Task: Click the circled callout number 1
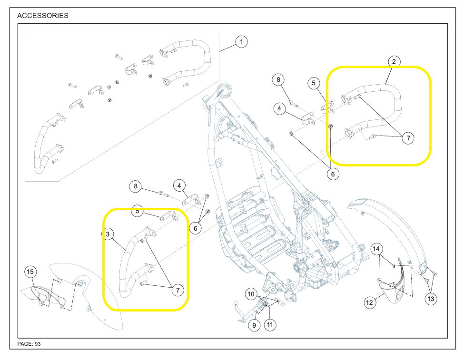tap(241, 42)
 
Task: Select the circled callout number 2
tap(394, 61)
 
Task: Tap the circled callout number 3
tap(108, 234)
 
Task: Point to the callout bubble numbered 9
tap(255, 325)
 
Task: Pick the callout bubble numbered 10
tap(251, 294)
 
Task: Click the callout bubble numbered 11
tap(270, 325)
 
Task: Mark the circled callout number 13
tap(431, 299)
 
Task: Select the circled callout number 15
tap(30, 272)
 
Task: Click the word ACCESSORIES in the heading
tap(43, 16)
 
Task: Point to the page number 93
tap(37, 344)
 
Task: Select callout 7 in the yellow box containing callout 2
tap(407, 138)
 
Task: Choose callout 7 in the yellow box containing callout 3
tap(177, 290)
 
